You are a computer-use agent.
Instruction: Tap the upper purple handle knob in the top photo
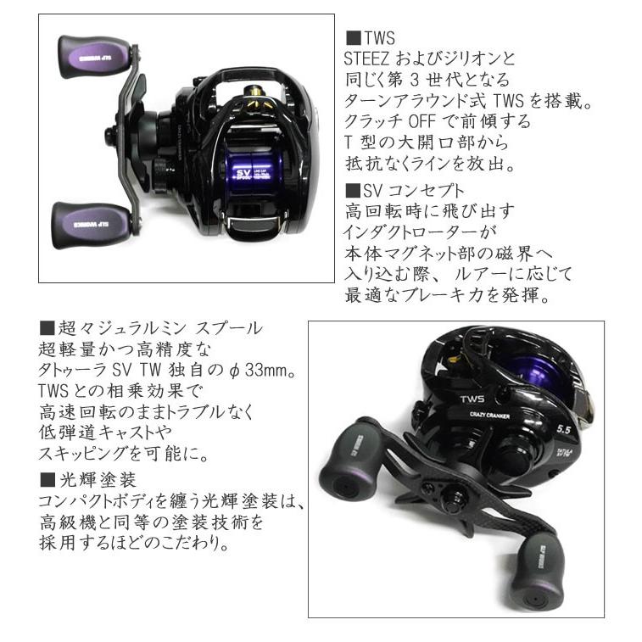[92, 57]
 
